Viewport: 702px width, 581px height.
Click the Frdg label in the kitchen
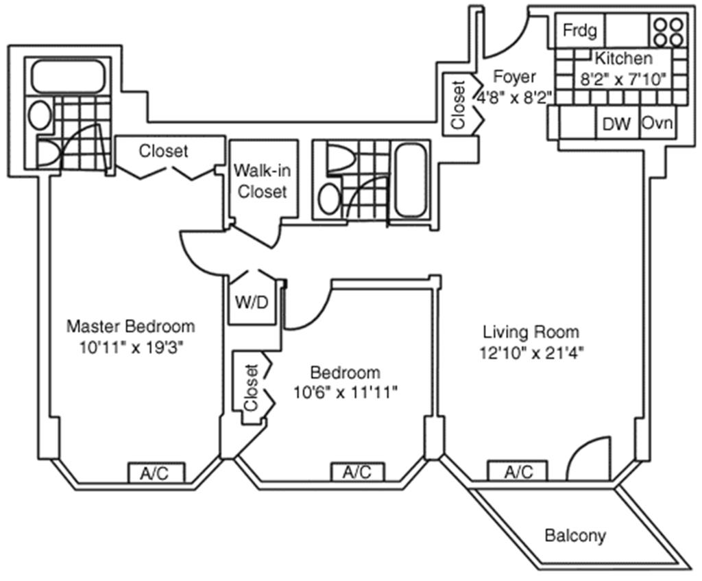coord(579,30)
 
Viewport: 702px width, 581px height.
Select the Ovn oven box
coord(657,122)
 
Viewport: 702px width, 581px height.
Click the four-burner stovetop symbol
coord(668,32)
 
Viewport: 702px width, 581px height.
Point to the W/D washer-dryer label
coord(252,303)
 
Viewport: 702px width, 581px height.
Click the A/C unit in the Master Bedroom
coord(157,473)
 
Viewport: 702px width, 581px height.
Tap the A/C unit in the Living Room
coord(518,471)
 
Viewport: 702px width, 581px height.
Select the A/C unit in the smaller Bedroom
coord(357,472)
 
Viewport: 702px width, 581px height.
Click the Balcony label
coord(575,536)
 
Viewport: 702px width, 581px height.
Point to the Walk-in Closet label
coord(263,181)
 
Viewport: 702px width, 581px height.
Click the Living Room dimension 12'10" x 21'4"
coord(532,353)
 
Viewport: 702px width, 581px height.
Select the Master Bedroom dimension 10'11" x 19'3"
coord(132,348)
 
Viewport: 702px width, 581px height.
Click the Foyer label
coord(514,77)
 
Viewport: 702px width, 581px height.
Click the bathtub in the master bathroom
coord(67,76)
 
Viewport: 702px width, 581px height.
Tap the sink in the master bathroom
coord(40,115)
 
